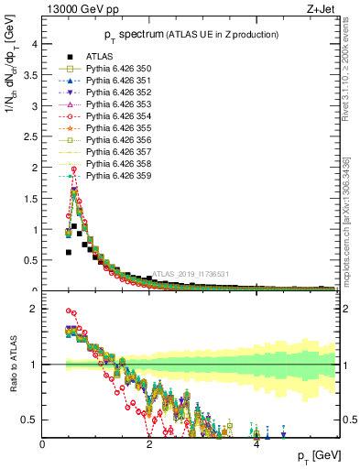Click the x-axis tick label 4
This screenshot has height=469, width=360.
click(256, 443)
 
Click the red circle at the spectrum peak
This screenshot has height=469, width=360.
click(73, 169)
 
